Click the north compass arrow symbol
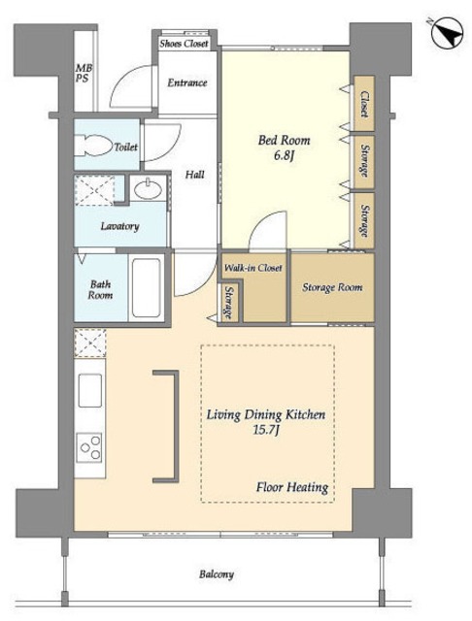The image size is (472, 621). click(x=448, y=33)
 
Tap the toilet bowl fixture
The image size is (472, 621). click(x=94, y=145)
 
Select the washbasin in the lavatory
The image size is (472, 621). click(x=148, y=189)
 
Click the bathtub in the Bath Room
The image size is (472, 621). click(x=147, y=287)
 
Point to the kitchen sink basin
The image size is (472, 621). click(x=90, y=390)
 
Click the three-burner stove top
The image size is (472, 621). click(x=89, y=447)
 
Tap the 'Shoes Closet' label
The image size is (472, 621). click(x=184, y=43)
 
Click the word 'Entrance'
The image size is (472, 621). click(x=187, y=82)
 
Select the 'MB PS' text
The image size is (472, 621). click(x=84, y=73)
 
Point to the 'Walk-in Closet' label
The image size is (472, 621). click(x=253, y=268)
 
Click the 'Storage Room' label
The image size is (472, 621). click(x=332, y=287)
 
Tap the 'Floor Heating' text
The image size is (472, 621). click(x=292, y=487)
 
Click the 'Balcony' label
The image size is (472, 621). click(x=217, y=573)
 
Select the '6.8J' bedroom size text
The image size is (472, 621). click(x=284, y=155)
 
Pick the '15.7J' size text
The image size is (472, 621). click(x=266, y=429)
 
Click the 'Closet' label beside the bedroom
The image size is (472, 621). click(x=364, y=104)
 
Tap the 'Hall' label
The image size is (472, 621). click(x=195, y=175)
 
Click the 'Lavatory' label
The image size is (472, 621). click(x=119, y=226)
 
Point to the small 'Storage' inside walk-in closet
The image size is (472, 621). click(x=228, y=303)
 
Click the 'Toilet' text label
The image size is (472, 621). click(x=125, y=147)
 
